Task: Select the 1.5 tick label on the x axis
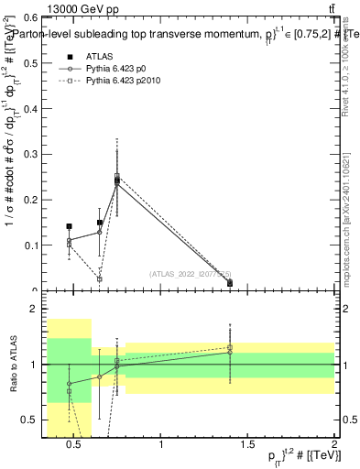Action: coord(248,445)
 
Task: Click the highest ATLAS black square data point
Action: coord(117,180)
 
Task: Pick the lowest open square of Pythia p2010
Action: coord(100,278)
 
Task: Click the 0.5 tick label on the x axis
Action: coord(77,445)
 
